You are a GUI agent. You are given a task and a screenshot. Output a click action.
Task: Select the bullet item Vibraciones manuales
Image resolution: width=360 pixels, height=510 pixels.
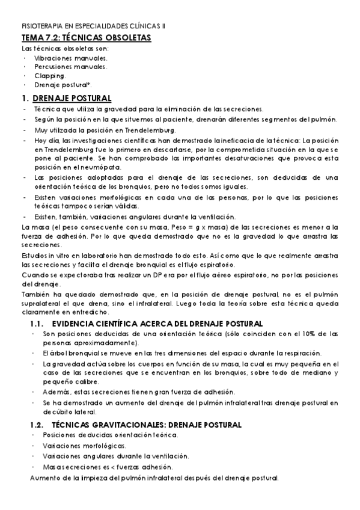click(x=71, y=58)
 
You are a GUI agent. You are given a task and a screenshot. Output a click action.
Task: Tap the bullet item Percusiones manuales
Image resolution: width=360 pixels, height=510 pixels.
click(x=71, y=67)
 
